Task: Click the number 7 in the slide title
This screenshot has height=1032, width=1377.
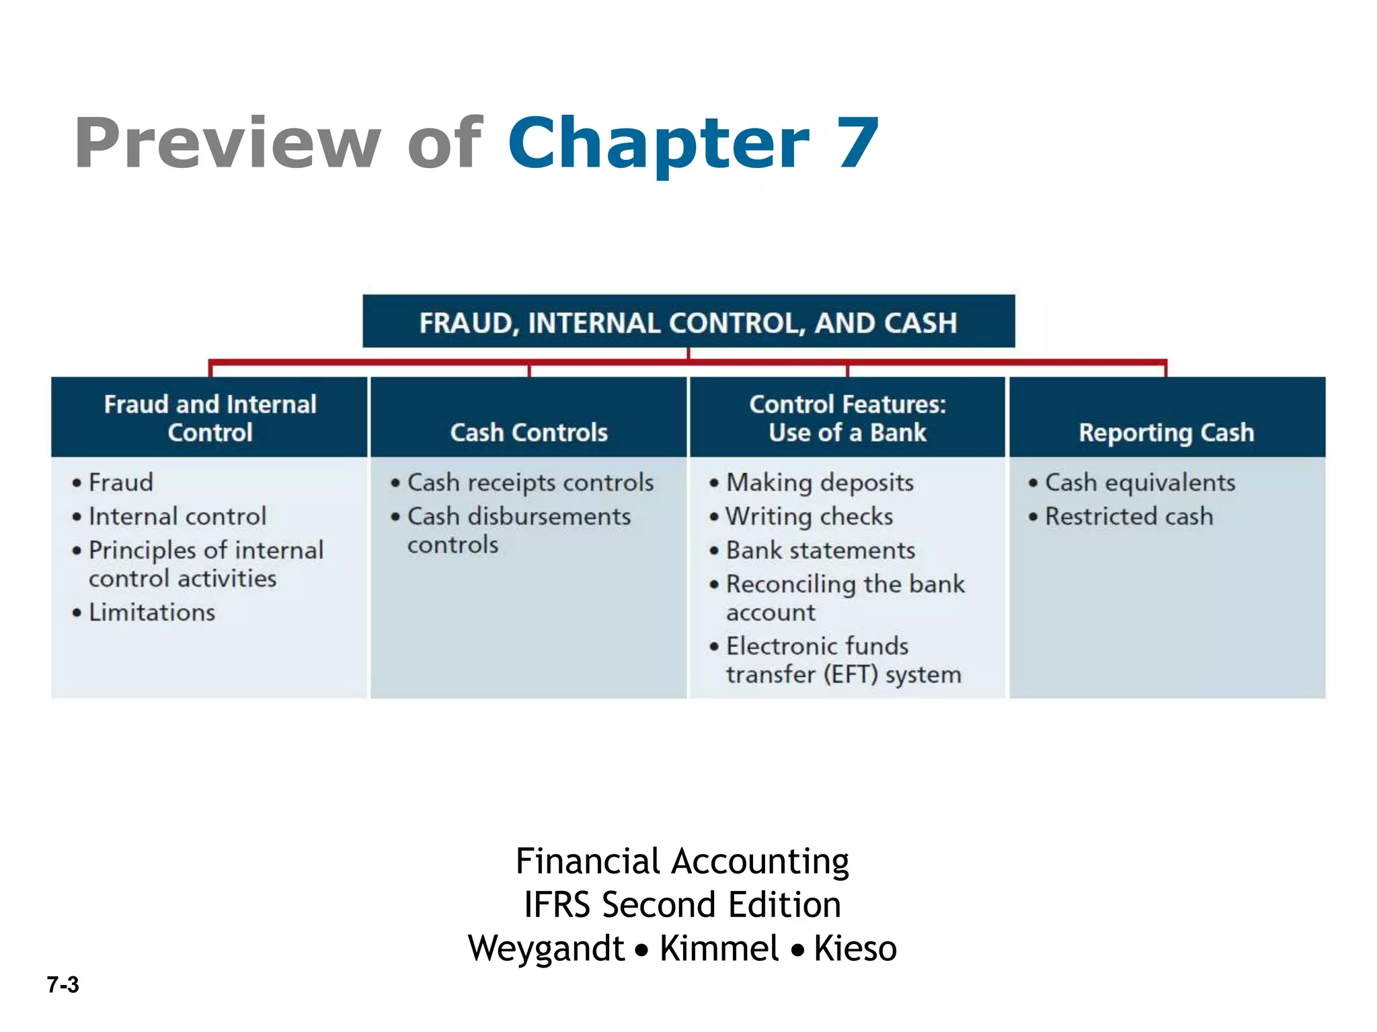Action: coord(857,143)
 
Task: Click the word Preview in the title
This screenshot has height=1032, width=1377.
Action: coord(227,143)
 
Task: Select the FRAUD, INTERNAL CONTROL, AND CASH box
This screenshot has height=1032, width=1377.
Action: coord(688,322)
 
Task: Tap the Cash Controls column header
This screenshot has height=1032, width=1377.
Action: coord(528,432)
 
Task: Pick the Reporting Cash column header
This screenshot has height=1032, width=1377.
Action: coord(1167,432)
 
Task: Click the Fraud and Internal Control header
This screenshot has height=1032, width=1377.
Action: coord(210,418)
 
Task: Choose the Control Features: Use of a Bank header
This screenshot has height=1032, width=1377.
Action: coord(847,418)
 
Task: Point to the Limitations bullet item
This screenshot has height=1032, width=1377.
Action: coord(152,612)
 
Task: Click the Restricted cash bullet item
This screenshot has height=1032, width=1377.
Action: coord(1129,516)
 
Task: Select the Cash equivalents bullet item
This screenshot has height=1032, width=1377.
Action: coord(1140,482)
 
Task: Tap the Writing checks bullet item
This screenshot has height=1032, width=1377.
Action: coord(810,516)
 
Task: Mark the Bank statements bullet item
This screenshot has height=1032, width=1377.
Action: coord(820,550)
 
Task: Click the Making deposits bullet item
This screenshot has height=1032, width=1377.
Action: coord(820,482)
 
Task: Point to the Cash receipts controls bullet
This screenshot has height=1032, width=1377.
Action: coord(530,482)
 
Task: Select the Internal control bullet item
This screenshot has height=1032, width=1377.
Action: coord(178,516)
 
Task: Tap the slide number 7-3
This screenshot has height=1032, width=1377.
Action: coord(63,984)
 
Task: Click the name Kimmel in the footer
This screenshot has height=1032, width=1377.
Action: coord(719,948)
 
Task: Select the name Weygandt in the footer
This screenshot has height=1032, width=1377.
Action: coord(547,948)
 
